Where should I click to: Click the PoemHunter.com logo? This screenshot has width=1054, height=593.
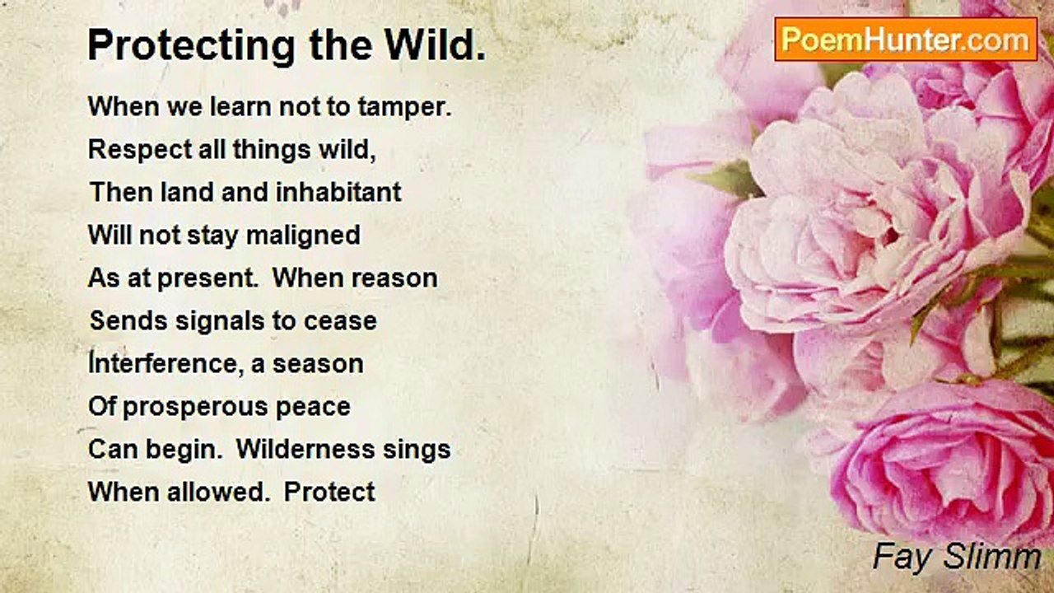click(x=906, y=40)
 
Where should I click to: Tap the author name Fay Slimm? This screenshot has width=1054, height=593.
click(x=957, y=557)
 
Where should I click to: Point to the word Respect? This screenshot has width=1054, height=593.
click(x=140, y=150)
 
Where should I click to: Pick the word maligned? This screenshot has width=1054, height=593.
click(x=304, y=236)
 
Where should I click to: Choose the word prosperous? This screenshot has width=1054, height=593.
click(x=195, y=407)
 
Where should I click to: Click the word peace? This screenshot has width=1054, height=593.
click(x=313, y=408)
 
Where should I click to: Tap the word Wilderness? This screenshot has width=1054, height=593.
click(x=305, y=450)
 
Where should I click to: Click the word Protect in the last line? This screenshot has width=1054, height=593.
click(x=329, y=493)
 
